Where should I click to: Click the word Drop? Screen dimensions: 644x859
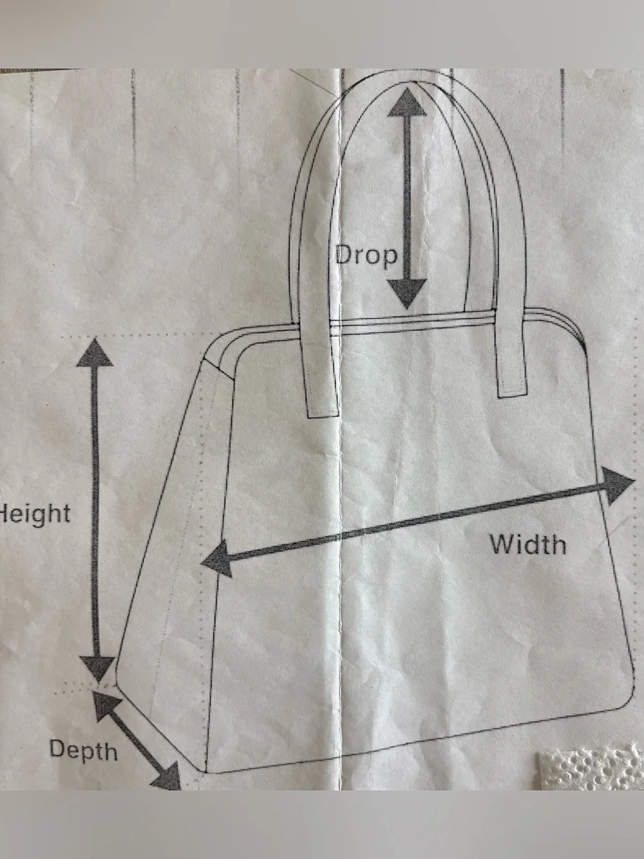[x=366, y=256]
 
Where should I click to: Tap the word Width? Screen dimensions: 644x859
[x=528, y=544]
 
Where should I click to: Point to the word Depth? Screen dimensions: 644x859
[x=83, y=749]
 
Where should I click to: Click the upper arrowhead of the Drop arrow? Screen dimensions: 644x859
[x=406, y=102]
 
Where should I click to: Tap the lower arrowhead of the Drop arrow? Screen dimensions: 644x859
[x=408, y=293]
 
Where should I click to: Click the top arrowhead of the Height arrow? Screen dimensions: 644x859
[x=95, y=352]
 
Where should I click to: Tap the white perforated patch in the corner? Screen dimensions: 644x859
[x=591, y=768]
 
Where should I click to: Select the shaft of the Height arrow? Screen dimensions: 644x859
[x=95, y=511]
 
